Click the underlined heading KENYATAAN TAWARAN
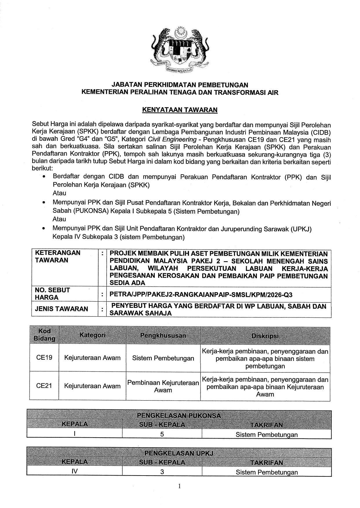point(179,110)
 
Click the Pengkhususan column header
point(163,335)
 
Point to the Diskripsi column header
point(265,336)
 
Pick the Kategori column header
point(92,335)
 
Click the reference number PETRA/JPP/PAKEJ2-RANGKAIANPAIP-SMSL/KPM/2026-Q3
point(201,295)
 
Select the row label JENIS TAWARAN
point(61,309)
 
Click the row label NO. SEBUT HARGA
point(52,294)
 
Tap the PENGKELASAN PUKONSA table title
point(179,416)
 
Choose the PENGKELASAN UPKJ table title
point(179,453)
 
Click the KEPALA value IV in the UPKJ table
point(74,472)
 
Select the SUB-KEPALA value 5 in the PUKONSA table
point(162,434)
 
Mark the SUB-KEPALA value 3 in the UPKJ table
point(162,472)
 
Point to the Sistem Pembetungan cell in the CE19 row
point(163,358)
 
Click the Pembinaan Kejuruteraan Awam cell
point(163,386)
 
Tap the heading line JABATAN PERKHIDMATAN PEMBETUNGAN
point(180,85)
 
